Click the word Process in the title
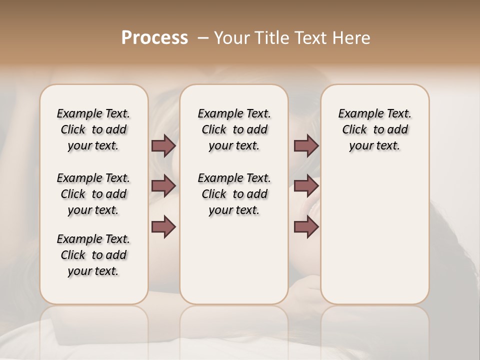click(x=154, y=38)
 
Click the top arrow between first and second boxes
click(x=163, y=145)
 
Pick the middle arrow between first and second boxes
click(x=163, y=186)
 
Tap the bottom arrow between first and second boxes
click(x=163, y=226)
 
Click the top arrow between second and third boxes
click(x=306, y=145)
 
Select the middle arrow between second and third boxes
click(x=306, y=186)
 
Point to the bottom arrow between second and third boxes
click(x=306, y=226)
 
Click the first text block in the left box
click(x=93, y=129)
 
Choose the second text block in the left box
click(x=93, y=194)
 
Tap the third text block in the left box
click(x=93, y=255)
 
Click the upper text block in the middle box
click(x=234, y=129)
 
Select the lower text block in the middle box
click(x=234, y=194)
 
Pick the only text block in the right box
click(x=375, y=129)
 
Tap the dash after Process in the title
click(x=202, y=38)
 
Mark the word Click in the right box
click(x=354, y=130)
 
